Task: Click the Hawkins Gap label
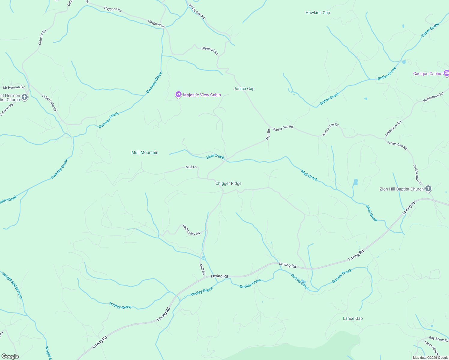point(318,13)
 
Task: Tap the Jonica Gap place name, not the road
point(244,89)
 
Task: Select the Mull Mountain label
point(145,153)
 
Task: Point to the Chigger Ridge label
point(228,184)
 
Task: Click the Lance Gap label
point(353,319)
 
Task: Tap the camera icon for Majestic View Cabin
point(178,95)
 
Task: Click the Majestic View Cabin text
point(202,95)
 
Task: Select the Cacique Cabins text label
point(427,74)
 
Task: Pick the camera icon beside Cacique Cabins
point(446,73)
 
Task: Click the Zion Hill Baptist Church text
point(401,189)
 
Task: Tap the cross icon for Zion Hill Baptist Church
point(428,189)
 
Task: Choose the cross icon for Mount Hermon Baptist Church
point(25,97)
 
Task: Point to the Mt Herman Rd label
point(14,88)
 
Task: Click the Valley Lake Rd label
point(49,103)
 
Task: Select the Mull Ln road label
point(191,167)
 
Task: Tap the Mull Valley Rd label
point(191,230)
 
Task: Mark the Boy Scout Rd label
point(438,339)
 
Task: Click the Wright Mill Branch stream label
point(12,285)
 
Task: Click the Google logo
point(10,356)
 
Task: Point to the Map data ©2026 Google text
point(430,358)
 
